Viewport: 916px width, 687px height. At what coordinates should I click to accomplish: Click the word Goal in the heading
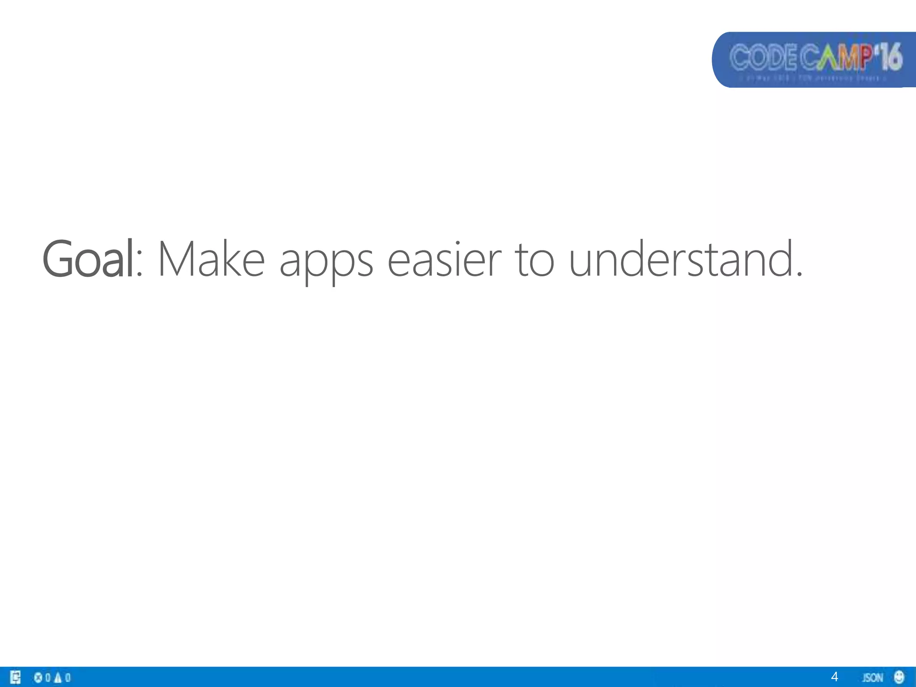(88, 259)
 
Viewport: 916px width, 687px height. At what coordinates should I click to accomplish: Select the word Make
(212, 259)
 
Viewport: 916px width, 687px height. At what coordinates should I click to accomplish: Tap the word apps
(326, 262)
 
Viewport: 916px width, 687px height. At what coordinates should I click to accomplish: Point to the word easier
(444, 259)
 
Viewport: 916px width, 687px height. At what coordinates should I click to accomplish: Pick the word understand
(680, 259)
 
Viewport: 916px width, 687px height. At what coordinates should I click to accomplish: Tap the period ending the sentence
(799, 273)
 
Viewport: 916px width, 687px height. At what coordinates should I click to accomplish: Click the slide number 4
(834, 677)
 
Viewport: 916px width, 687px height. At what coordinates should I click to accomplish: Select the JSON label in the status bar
(872, 677)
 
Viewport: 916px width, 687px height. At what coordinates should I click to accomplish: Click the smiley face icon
(899, 677)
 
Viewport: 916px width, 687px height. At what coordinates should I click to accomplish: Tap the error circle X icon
(38, 677)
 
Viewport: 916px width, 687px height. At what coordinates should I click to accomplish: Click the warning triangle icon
(58, 677)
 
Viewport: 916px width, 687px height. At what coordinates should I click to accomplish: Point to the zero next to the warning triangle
(68, 677)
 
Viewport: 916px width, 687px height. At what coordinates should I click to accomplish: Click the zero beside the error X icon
(48, 677)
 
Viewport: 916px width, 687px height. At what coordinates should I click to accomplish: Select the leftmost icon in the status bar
(16, 677)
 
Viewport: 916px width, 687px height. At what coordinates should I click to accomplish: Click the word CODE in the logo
(763, 58)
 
